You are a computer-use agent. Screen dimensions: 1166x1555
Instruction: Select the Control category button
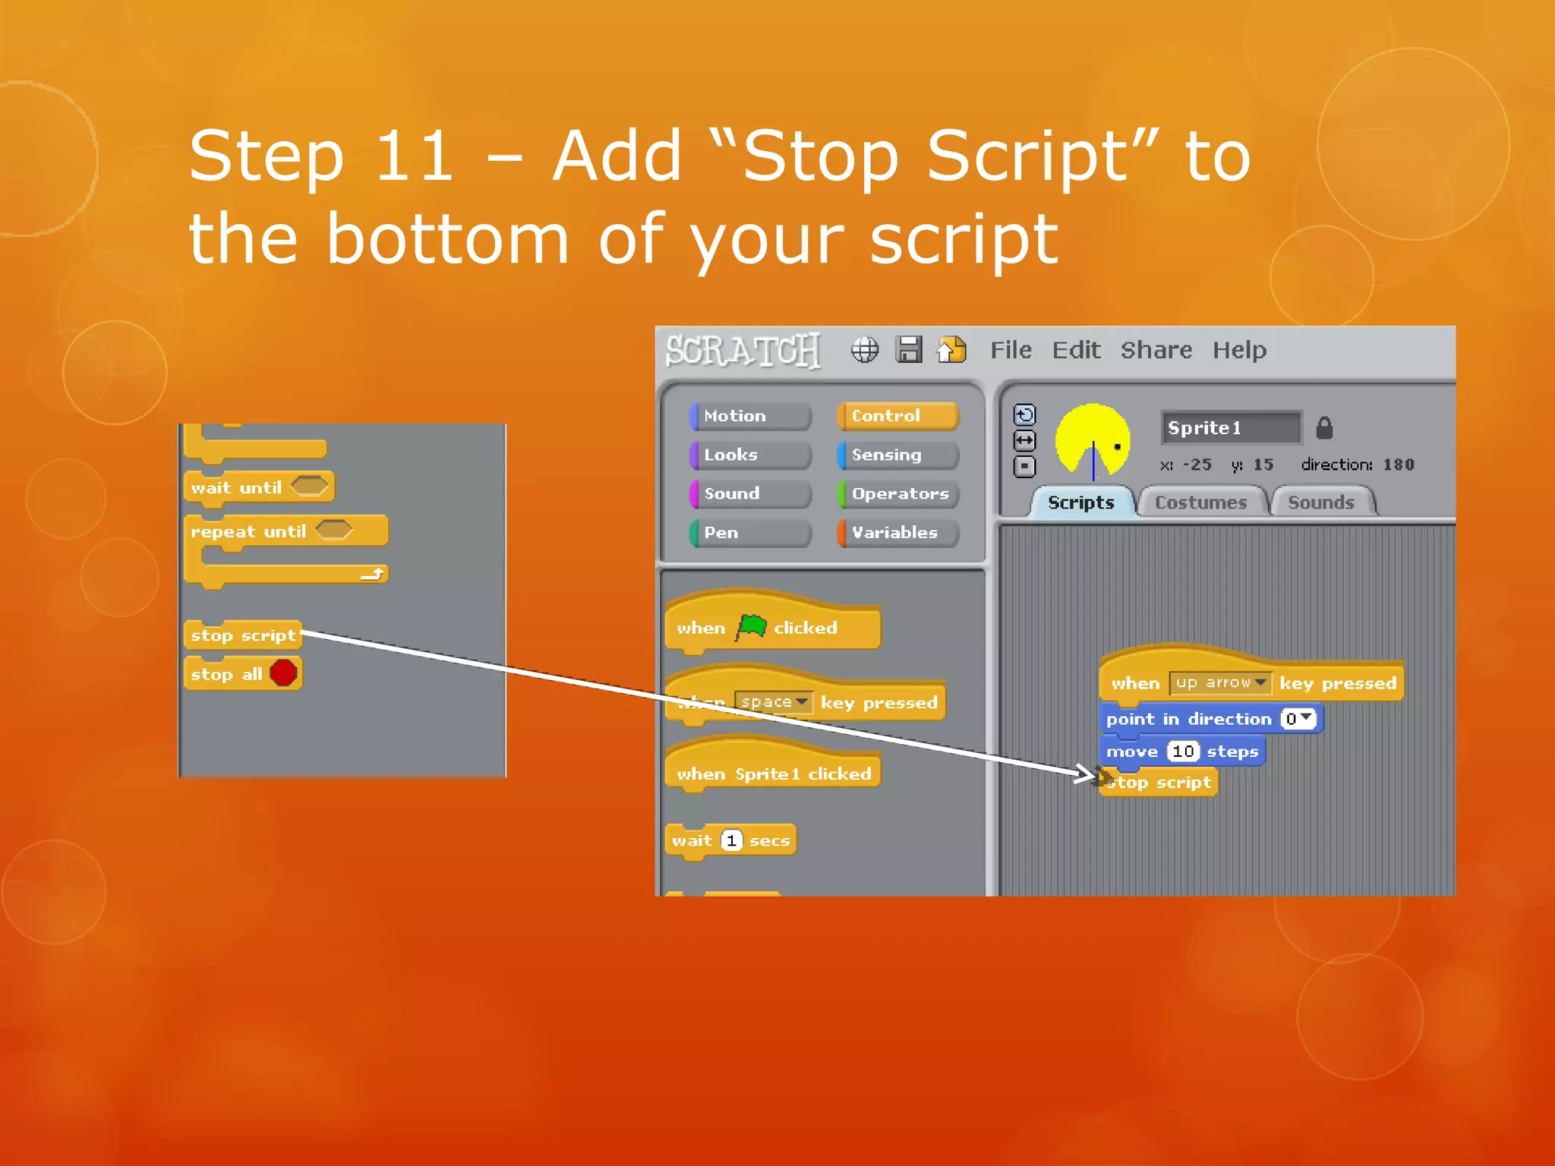pyautogui.click(x=897, y=416)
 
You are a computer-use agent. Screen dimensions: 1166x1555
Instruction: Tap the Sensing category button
pyautogui.click(x=897, y=455)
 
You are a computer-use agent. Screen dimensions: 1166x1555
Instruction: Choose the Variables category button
pyautogui.click(x=897, y=533)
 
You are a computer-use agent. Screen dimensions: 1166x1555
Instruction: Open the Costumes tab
pyautogui.click(x=1200, y=503)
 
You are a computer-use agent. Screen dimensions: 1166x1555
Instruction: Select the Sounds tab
pyautogui.click(x=1321, y=503)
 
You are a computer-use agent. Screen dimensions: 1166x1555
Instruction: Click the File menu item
pyautogui.click(x=1011, y=350)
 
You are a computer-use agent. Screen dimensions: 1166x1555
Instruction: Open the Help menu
pyautogui.click(x=1239, y=350)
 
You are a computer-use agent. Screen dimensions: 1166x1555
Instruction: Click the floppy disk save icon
pyautogui.click(x=908, y=350)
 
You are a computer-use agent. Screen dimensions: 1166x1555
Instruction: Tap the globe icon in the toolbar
pyautogui.click(x=864, y=350)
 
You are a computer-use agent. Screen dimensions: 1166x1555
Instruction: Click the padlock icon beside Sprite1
pyautogui.click(x=1324, y=428)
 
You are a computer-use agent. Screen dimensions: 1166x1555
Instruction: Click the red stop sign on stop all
pyautogui.click(x=283, y=673)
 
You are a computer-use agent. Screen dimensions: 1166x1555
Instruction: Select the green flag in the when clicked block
pyautogui.click(x=751, y=627)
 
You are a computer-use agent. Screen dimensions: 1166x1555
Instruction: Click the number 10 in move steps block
pyautogui.click(x=1183, y=752)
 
